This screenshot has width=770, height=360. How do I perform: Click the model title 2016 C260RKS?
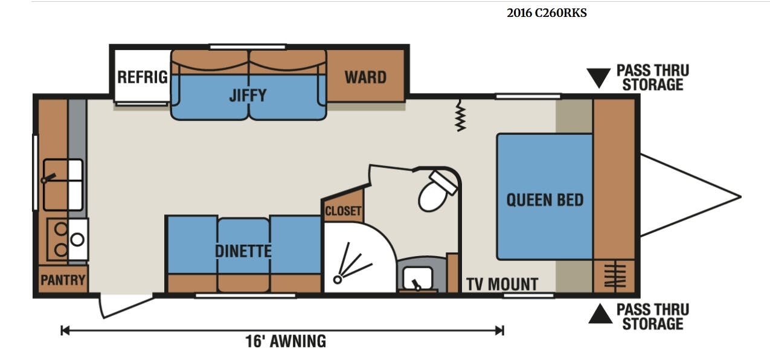pyautogui.click(x=547, y=13)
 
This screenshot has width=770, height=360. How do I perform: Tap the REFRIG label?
pyautogui.click(x=143, y=77)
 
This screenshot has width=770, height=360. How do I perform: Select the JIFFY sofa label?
pyautogui.click(x=248, y=95)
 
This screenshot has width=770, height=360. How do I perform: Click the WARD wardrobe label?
pyautogui.click(x=365, y=77)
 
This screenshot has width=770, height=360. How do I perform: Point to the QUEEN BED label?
pyautogui.click(x=545, y=200)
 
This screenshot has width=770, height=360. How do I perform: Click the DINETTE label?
pyautogui.click(x=243, y=251)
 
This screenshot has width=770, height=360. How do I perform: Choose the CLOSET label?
pyautogui.click(x=343, y=211)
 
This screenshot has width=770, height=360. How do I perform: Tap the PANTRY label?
pyautogui.click(x=63, y=280)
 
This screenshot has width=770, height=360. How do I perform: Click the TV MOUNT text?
pyautogui.click(x=502, y=284)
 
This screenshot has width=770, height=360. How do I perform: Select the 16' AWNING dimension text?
pyautogui.click(x=286, y=341)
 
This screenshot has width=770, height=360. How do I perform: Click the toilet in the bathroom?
pyautogui.click(x=437, y=191)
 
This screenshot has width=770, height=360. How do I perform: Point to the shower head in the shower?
pyautogui.click(x=338, y=280)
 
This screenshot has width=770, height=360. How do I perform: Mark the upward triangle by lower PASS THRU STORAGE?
pyautogui.click(x=600, y=313)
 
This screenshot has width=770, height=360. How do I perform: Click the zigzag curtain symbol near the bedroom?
pyautogui.click(x=460, y=115)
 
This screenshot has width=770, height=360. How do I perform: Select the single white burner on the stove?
pyautogui.click(x=77, y=239)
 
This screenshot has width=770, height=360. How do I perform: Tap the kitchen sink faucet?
pyautogui.click(x=48, y=178)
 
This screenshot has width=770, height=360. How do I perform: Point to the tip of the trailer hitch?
pyautogui.click(x=740, y=197)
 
